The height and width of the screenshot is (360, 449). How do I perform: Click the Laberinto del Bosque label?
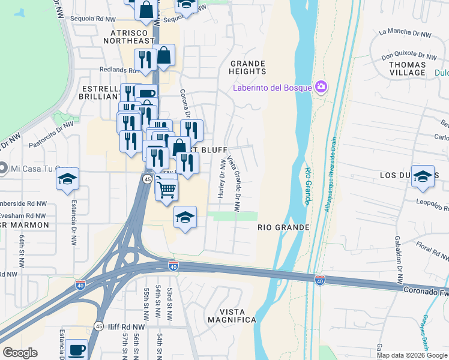(273, 88)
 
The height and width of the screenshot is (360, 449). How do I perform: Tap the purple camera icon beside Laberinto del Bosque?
(321, 88)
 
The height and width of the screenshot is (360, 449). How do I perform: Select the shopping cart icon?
(166, 189)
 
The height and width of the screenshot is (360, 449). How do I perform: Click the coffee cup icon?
(76, 350)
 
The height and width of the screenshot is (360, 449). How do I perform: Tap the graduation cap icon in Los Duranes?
(423, 176)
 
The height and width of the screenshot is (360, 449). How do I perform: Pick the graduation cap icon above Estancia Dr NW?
(67, 179)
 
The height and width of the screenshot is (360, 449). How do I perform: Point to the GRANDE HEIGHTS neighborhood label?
(247, 67)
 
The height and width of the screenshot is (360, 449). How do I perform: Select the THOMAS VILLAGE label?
(407, 68)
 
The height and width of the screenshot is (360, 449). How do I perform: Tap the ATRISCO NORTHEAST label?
(128, 35)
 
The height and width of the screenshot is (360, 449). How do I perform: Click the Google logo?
(20, 353)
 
